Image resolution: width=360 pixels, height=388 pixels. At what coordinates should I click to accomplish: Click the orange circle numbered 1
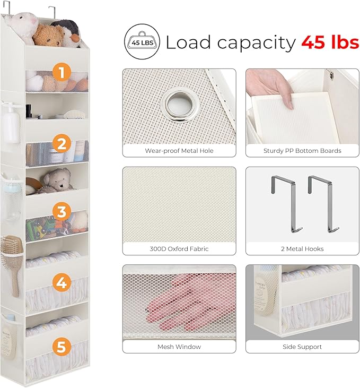pos(62,72)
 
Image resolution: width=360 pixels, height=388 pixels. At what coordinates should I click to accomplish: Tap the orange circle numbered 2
pos(62,143)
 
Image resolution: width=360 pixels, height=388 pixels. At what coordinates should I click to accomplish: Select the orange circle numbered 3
pos(62,212)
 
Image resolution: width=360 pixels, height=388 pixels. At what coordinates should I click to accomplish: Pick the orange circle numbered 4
pos(62,282)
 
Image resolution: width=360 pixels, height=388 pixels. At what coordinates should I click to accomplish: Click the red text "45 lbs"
pos(330,42)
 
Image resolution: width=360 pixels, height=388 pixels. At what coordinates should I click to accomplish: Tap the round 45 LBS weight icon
pos(142,41)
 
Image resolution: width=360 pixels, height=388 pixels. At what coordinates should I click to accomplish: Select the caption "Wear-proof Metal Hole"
pos(179,151)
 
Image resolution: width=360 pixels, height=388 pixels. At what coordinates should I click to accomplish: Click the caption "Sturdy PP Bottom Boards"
pos(302,151)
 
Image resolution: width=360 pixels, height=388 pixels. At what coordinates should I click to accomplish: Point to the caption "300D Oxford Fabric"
pos(179,249)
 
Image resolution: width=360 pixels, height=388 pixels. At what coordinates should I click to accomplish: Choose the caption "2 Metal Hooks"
pos(302,249)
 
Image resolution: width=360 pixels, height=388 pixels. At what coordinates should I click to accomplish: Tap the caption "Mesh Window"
pos(179,347)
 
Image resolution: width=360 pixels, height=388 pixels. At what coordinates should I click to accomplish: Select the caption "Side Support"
pos(302,347)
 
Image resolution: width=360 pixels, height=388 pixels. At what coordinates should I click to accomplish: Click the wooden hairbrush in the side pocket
pos(12,262)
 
